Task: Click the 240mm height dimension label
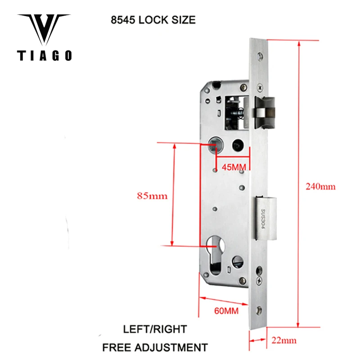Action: click(321, 186)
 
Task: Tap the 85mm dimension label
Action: click(152, 196)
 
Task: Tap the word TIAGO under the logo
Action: click(44, 56)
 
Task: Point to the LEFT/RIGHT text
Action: click(155, 329)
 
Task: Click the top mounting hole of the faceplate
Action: click(260, 56)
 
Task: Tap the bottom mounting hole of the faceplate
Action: click(260, 310)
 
